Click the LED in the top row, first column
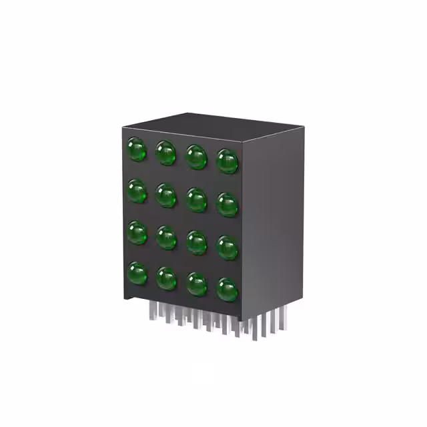pyautogui.click(x=137, y=149)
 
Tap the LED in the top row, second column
pyautogui.click(x=165, y=153)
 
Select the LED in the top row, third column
pyautogui.click(x=196, y=157)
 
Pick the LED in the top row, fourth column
pyautogui.click(x=228, y=161)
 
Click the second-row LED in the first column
pyautogui.click(x=137, y=192)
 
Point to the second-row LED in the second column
pyautogui.click(x=165, y=195)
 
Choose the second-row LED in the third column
pyautogui.click(x=196, y=199)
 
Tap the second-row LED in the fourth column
pyautogui.click(x=228, y=204)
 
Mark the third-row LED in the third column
pyautogui.click(x=197, y=242)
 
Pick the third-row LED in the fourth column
pyautogui.click(x=228, y=248)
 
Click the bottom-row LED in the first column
pyautogui.click(x=137, y=274)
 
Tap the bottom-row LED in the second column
pyautogui.click(x=166, y=278)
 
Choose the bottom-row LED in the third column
pyautogui.click(x=197, y=284)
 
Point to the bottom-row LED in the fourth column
pyautogui.click(x=228, y=289)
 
